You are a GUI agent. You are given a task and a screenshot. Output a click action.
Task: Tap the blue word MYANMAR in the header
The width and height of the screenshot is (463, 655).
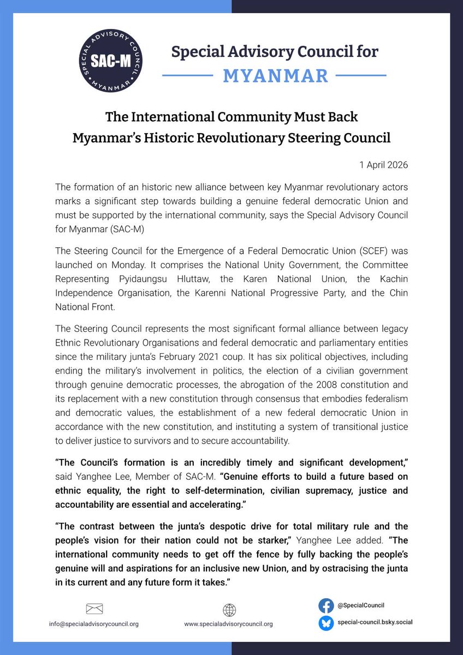click(276, 75)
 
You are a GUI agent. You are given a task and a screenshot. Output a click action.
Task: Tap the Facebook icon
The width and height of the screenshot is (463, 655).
click(326, 605)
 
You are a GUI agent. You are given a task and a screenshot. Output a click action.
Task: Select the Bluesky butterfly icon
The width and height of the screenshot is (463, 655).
click(326, 622)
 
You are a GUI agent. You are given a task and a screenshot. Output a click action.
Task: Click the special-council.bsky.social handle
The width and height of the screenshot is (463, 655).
click(377, 622)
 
